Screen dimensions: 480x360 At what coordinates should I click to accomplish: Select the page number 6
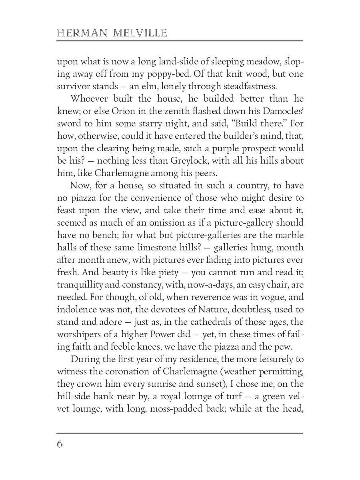(60, 444)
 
